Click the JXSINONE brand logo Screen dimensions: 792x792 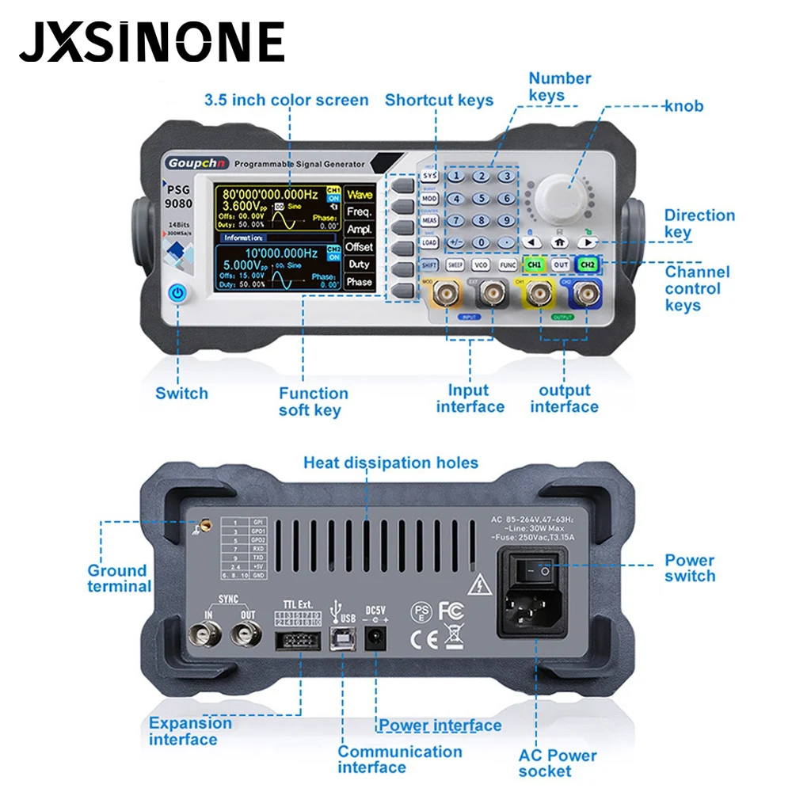(151, 42)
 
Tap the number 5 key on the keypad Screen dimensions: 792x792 (482, 199)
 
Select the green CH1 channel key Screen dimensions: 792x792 (534, 265)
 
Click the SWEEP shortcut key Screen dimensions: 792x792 (455, 265)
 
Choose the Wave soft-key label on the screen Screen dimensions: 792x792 (359, 195)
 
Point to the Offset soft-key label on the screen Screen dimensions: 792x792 (359, 247)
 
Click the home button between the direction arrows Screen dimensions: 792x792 (559, 242)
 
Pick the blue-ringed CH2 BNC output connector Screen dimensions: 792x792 (586, 295)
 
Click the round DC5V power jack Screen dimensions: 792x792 (376, 638)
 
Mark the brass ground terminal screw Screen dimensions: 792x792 (202, 525)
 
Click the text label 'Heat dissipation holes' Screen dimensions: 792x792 (390, 463)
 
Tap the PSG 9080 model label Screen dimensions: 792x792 (179, 196)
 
